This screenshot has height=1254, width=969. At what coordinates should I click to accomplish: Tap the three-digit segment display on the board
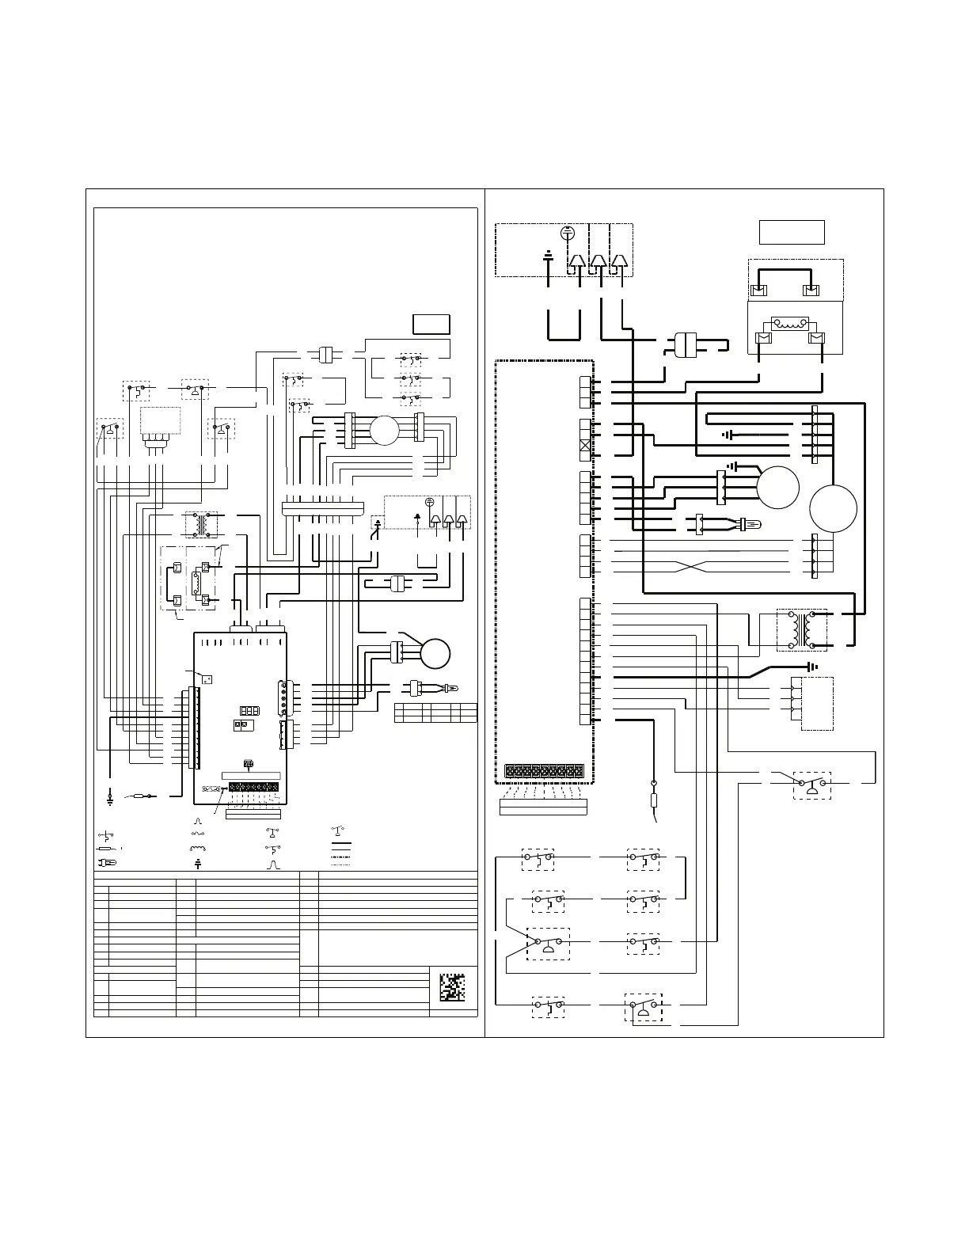click(x=248, y=710)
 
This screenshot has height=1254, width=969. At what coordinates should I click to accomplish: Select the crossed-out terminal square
click(x=585, y=446)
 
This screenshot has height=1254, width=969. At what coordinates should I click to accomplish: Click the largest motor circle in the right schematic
click(x=834, y=507)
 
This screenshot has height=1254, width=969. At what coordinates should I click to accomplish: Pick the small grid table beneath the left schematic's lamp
click(x=435, y=712)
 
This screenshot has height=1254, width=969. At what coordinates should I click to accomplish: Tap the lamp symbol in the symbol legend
click(x=108, y=862)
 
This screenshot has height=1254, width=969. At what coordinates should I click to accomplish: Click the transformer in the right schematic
click(x=801, y=629)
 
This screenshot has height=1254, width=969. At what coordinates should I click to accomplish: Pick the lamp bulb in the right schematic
click(x=750, y=523)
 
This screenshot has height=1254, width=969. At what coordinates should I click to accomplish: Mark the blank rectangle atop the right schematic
click(x=792, y=232)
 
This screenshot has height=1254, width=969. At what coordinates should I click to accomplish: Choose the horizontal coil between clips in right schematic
click(x=788, y=323)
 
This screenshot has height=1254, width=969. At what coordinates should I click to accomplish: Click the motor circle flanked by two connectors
click(x=384, y=430)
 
